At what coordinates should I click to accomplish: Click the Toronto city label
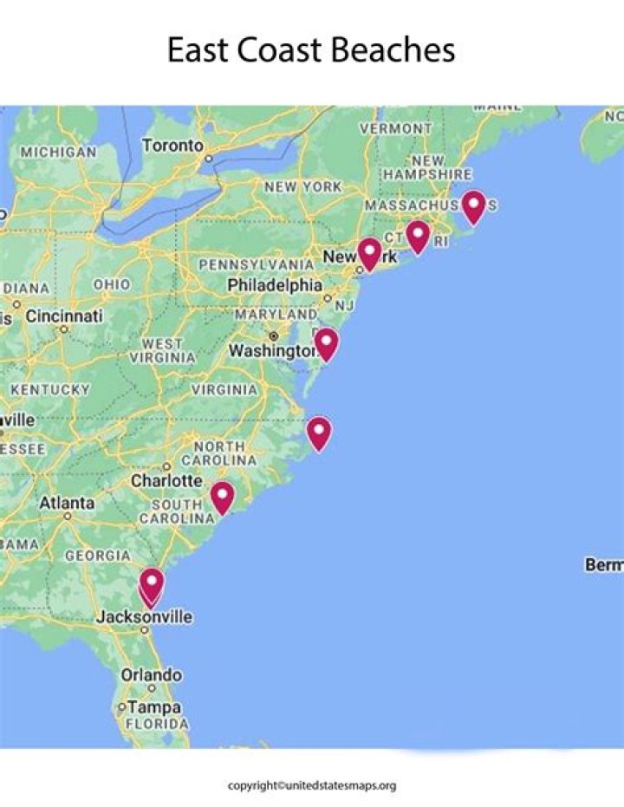172,146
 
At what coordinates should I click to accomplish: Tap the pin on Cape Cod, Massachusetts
472,206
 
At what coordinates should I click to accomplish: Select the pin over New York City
369,253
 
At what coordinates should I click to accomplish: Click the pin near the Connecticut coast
418,236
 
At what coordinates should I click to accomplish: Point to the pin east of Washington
326,343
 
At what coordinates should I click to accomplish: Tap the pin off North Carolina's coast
319,433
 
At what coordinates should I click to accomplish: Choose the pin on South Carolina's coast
222,498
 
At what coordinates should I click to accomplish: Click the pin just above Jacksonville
152,583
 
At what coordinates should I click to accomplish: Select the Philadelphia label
275,285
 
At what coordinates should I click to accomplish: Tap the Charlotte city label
166,480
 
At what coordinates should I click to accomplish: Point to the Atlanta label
67,503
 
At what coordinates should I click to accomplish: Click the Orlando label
152,674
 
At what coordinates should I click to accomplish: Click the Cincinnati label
63,316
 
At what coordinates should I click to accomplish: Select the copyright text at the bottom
312,785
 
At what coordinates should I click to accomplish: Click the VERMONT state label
395,128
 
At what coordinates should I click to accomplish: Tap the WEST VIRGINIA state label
163,350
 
